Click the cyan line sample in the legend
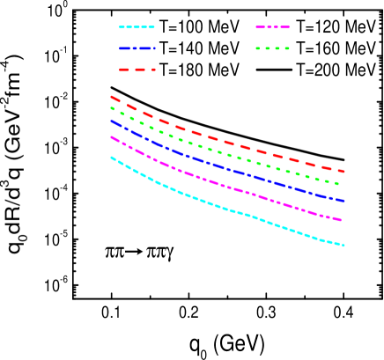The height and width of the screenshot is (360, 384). tap(137, 27)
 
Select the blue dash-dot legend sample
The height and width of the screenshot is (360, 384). tap(137, 48)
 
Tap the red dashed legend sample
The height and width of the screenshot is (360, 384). tap(137, 69)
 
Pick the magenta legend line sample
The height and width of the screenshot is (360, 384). tap(273, 27)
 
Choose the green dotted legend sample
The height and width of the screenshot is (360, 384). tap(273, 48)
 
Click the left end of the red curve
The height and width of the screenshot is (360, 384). tap(111, 97)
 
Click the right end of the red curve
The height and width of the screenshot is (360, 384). tap(343, 172)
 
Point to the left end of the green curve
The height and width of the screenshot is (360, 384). tap(111, 107)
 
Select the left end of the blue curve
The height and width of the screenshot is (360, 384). tap(111, 121)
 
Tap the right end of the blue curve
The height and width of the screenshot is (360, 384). tap(343, 202)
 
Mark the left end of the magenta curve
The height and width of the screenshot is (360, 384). tap(111, 137)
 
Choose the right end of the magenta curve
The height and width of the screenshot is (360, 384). tap(342, 220)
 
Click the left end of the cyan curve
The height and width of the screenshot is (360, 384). tap(111, 158)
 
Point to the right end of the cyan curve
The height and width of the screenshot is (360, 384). tap(343, 246)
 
